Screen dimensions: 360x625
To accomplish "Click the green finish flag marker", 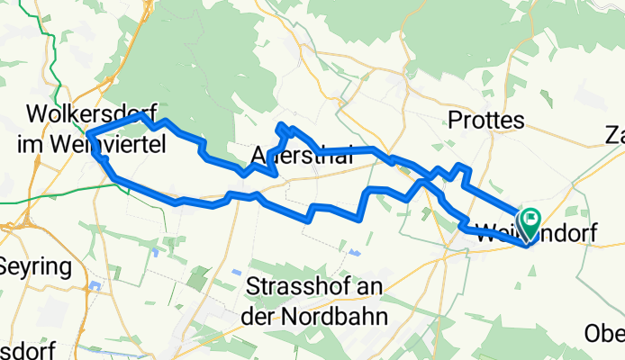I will [x=530, y=217].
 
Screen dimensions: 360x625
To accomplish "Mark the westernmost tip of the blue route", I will [x=89, y=137].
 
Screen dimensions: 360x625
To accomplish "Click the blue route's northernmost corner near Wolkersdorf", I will [x=141, y=116].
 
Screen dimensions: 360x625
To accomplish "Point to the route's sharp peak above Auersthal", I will [x=282, y=125].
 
